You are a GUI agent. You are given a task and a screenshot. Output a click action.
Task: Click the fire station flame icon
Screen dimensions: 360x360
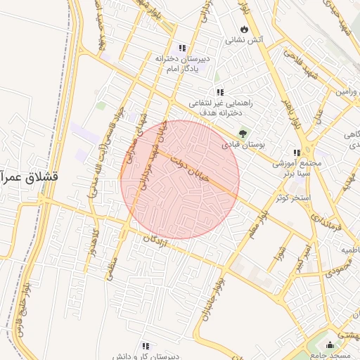point(244,30)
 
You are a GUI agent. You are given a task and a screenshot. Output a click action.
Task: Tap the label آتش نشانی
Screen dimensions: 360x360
point(244,41)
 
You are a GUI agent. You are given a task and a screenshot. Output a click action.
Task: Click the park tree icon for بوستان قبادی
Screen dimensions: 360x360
point(243,133)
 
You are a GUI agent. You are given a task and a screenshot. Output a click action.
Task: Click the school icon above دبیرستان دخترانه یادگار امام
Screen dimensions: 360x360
point(183,48)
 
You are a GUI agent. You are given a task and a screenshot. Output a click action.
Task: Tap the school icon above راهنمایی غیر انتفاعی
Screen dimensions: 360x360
point(220,92)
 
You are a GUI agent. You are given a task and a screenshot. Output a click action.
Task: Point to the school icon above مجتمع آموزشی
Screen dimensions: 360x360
point(297,153)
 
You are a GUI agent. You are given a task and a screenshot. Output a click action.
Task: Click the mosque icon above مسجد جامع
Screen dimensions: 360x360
point(330,345)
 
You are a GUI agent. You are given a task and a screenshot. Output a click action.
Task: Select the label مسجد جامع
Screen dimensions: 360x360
point(330,355)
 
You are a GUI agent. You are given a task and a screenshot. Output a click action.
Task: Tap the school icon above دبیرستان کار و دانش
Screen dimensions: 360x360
point(146,346)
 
